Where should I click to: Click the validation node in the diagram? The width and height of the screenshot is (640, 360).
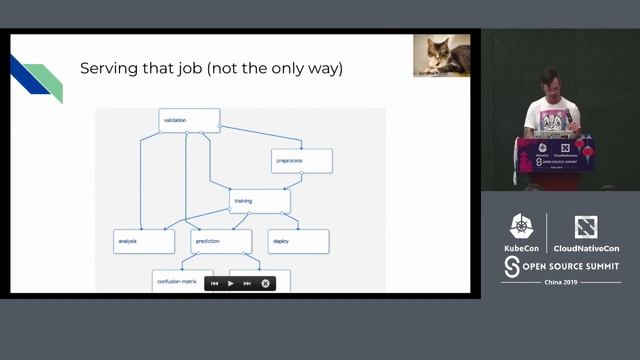tap(189, 121)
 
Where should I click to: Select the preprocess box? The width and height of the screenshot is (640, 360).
tap(301, 160)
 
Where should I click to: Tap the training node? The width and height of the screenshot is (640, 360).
tap(259, 201)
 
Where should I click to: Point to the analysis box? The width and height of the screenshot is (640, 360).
tap(143, 241)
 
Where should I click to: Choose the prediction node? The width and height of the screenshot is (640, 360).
tap(221, 241)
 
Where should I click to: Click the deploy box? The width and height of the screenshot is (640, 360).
tap(298, 241)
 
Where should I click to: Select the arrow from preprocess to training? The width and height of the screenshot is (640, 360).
tap(291, 181)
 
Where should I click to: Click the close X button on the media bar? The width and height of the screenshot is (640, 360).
tap(266, 283)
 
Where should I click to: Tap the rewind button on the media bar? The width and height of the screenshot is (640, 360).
tap(214, 283)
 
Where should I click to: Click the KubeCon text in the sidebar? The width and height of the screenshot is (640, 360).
tap(521, 246)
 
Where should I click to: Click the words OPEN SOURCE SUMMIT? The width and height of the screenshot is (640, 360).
tap(570, 266)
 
